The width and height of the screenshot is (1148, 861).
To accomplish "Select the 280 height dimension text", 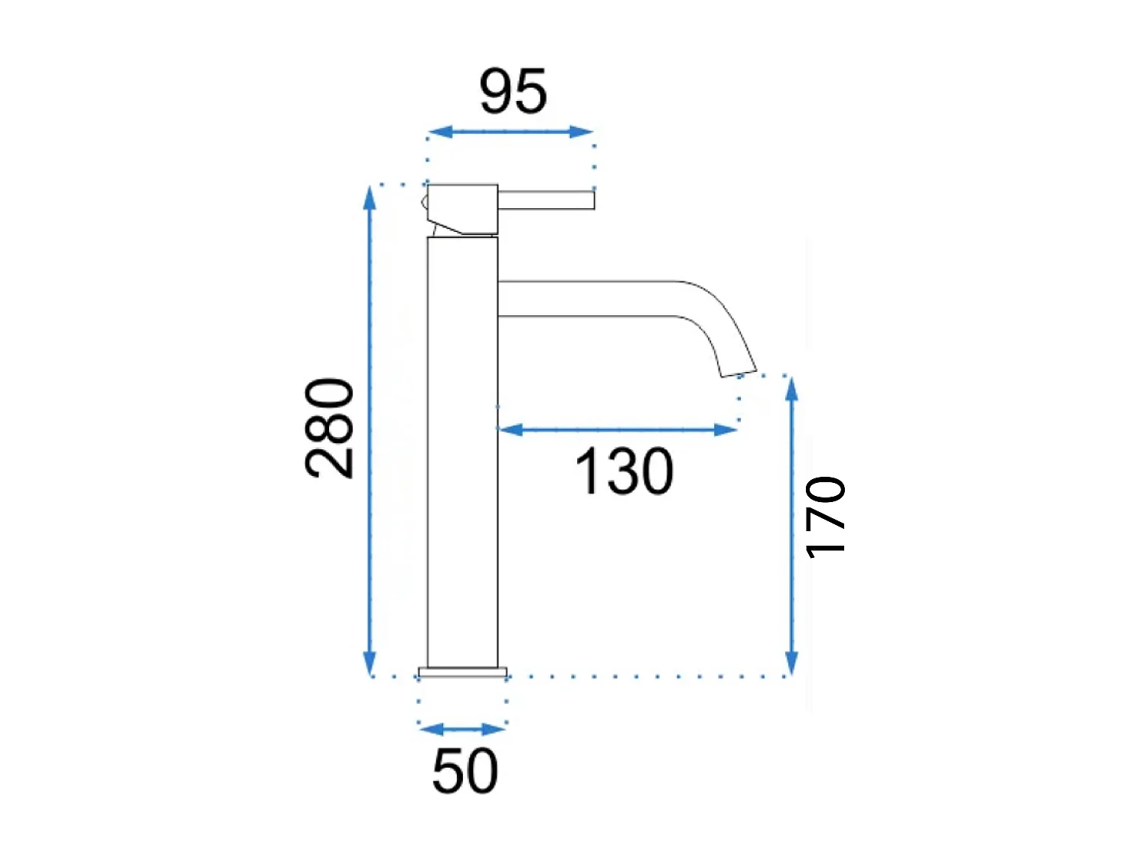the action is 330,428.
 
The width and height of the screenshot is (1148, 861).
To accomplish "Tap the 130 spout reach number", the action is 624,471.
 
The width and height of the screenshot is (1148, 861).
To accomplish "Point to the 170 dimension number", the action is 826,517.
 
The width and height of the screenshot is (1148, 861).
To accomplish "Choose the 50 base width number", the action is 465,771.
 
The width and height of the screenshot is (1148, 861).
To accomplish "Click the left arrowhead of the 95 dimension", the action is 440,132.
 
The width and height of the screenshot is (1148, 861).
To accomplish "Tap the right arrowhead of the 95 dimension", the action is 581,132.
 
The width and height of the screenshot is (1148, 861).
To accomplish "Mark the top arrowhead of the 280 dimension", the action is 370,198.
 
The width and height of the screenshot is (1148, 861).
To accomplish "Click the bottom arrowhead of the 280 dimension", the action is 370,664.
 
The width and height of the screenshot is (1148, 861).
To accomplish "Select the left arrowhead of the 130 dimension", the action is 510,429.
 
